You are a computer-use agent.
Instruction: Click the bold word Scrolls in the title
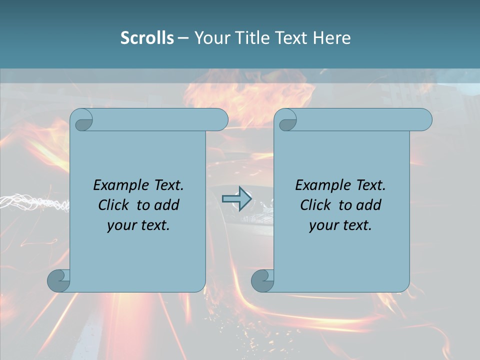coord(147,38)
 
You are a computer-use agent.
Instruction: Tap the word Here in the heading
coord(332,38)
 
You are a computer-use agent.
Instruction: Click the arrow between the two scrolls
coord(236,199)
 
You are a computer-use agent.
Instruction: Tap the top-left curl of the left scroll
coord(83,120)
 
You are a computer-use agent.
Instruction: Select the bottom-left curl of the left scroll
coord(58,280)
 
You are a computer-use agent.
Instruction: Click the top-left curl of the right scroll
coord(287,120)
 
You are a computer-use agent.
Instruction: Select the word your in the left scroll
coord(120,225)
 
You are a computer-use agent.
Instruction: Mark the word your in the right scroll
coord(322,225)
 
